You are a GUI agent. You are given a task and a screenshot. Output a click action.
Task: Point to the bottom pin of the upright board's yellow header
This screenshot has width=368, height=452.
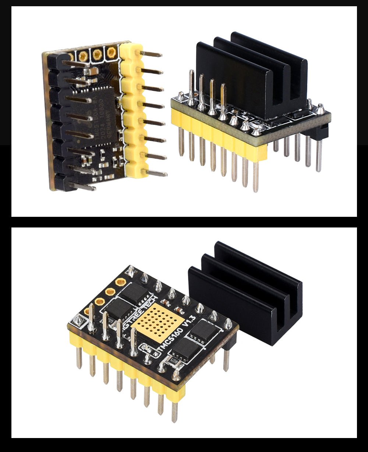155,173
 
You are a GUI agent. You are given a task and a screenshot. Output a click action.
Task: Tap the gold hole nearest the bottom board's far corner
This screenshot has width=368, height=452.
120,282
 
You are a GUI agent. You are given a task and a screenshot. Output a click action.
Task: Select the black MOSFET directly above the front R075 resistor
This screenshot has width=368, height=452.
184,348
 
